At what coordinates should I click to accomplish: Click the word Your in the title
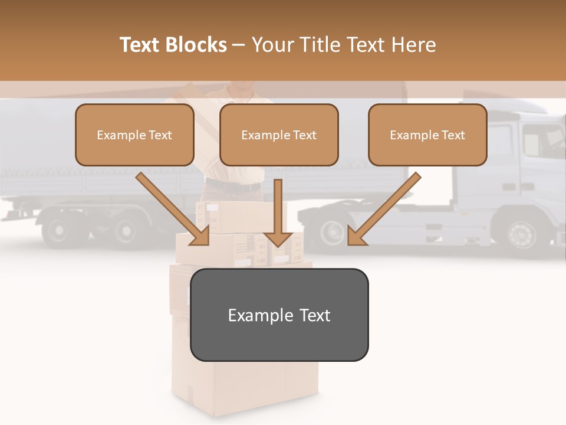(x=272, y=45)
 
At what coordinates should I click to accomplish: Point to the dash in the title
(x=239, y=45)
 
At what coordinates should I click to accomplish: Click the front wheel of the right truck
(x=521, y=233)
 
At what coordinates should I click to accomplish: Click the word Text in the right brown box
(x=453, y=135)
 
